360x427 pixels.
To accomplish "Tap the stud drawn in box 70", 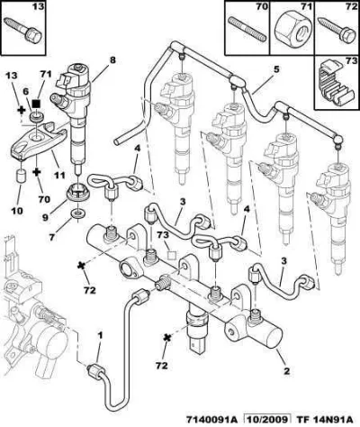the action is click(247, 29).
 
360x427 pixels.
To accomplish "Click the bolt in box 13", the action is click(22, 31).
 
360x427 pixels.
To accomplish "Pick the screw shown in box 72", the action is click(337, 32).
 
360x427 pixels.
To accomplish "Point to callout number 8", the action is click(112, 60).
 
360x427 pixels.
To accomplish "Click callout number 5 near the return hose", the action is click(275, 69).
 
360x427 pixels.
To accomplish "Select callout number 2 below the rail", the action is click(286, 371).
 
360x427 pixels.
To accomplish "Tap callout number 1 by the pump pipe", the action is click(101, 335).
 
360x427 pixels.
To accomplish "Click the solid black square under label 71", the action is click(36, 104).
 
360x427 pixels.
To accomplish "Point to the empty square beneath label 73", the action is click(172, 255).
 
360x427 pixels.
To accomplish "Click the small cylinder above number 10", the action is click(21, 176).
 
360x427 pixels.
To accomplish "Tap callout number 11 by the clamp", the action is click(59, 176).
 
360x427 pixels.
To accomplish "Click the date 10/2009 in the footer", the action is click(268, 419).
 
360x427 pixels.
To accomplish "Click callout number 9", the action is click(45, 217).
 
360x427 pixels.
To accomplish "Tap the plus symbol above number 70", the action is click(36, 172).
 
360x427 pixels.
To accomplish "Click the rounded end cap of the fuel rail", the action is click(273, 338).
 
